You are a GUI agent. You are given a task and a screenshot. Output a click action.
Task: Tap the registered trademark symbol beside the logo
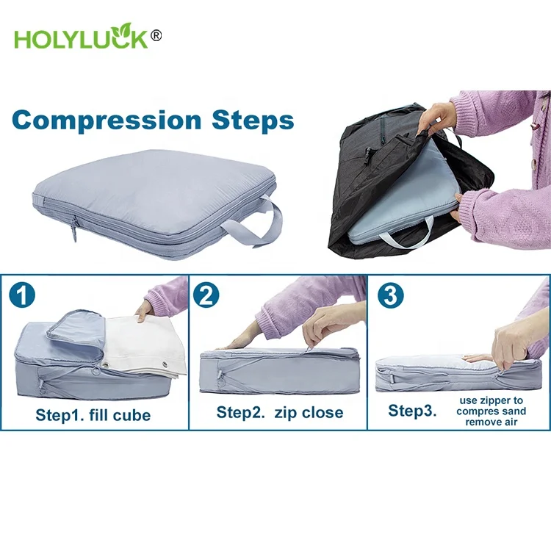coord(156,35)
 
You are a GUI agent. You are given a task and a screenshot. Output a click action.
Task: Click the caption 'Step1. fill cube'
coord(93,415)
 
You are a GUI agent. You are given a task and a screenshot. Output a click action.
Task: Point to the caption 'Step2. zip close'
coord(279,412)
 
